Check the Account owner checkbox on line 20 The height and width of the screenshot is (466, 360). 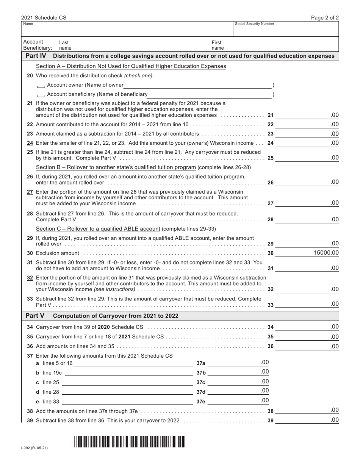41,85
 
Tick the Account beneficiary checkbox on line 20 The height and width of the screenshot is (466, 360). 41,95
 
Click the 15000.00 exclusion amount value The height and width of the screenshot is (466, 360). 326,253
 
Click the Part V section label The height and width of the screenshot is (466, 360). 34,316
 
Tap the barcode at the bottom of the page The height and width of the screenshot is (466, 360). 129,442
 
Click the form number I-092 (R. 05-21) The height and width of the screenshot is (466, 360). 34,448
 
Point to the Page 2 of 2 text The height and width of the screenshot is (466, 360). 325,18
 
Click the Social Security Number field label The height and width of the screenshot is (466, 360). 254,24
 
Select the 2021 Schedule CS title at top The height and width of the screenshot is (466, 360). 44,18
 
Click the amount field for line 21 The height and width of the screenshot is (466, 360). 307,115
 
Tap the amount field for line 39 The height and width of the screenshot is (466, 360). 307,420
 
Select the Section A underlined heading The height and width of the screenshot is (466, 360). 131,66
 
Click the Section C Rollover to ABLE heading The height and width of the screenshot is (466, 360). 98,228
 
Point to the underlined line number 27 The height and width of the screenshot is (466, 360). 30,192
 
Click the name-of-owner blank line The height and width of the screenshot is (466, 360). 197,85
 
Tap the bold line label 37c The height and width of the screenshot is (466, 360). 201,382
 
